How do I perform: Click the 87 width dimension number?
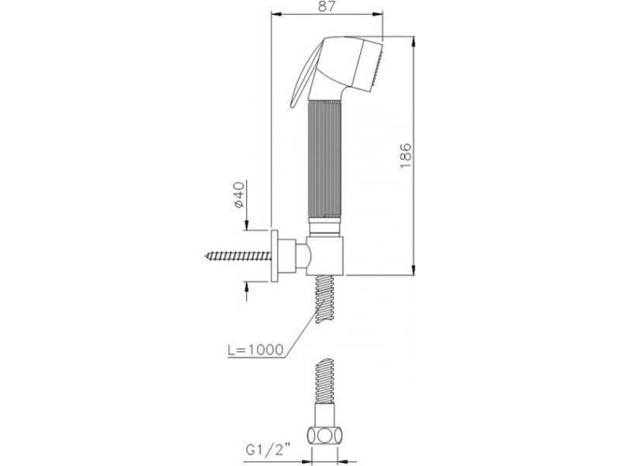pyautogui.click(x=327, y=6)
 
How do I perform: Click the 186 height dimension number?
pyautogui.click(x=406, y=155)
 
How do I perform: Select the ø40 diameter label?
pyautogui.click(x=239, y=195)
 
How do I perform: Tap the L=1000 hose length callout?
pyautogui.click(x=256, y=349)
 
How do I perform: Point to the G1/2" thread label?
pyautogui.click(x=268, y=450)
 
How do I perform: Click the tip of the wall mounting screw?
pyautogui.click(x=206, y=256)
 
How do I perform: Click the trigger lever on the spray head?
pyautogui.click(x=304, y=73)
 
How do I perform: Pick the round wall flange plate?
pyautogui.click(x=274, y=256)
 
